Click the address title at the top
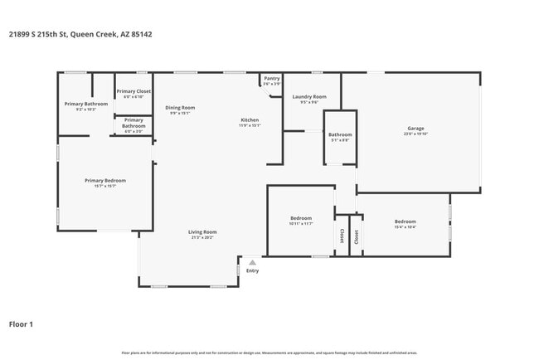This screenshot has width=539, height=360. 80,34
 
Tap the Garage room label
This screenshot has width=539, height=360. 415,129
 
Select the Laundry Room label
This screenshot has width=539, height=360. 309,97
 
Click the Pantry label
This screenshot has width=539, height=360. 272,80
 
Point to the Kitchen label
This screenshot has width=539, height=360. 250,120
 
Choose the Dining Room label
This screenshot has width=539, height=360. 180,107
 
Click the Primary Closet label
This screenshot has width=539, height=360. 133,91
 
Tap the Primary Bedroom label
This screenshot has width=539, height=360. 104,180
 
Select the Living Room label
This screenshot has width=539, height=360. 202,231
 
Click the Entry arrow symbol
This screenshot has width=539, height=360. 253,263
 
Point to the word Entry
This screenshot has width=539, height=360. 253,270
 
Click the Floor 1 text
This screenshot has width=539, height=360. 21,324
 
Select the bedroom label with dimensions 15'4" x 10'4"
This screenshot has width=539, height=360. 405,221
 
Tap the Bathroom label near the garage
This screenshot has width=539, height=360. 340,134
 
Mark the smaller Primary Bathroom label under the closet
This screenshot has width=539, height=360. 134,123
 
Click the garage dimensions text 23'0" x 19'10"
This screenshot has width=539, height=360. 415,134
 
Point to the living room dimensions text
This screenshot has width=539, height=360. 202,237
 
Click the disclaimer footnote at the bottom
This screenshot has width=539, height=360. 269,353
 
